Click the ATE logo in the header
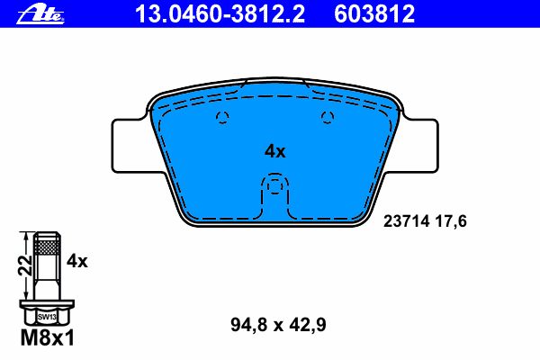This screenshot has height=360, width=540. tap(40, 14)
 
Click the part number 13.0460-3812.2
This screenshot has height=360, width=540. tap(220, 14)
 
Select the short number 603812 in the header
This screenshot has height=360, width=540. tap(374, 14)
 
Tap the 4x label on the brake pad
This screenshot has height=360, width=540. tap(274, 151)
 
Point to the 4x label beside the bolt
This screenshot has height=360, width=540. tap(77, 261)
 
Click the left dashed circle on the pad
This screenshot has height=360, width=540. tap(222, 118)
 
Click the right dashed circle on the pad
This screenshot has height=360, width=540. tap(328, 118)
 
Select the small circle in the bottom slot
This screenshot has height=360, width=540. tap(274, 187)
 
